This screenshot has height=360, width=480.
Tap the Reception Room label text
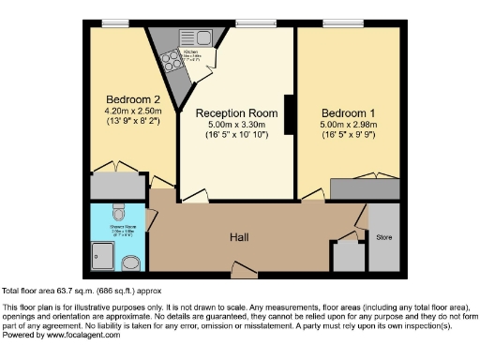tap(234, 112)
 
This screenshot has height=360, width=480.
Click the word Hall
tap(240, 237)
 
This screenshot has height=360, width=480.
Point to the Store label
tap(383, 238)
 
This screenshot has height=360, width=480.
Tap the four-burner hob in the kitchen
tap(172, 61)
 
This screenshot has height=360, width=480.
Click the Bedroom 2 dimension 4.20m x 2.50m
tap(125, 112)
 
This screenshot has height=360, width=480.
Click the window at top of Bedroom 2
tap(116, 22)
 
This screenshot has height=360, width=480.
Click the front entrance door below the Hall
tap(245, 275)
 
